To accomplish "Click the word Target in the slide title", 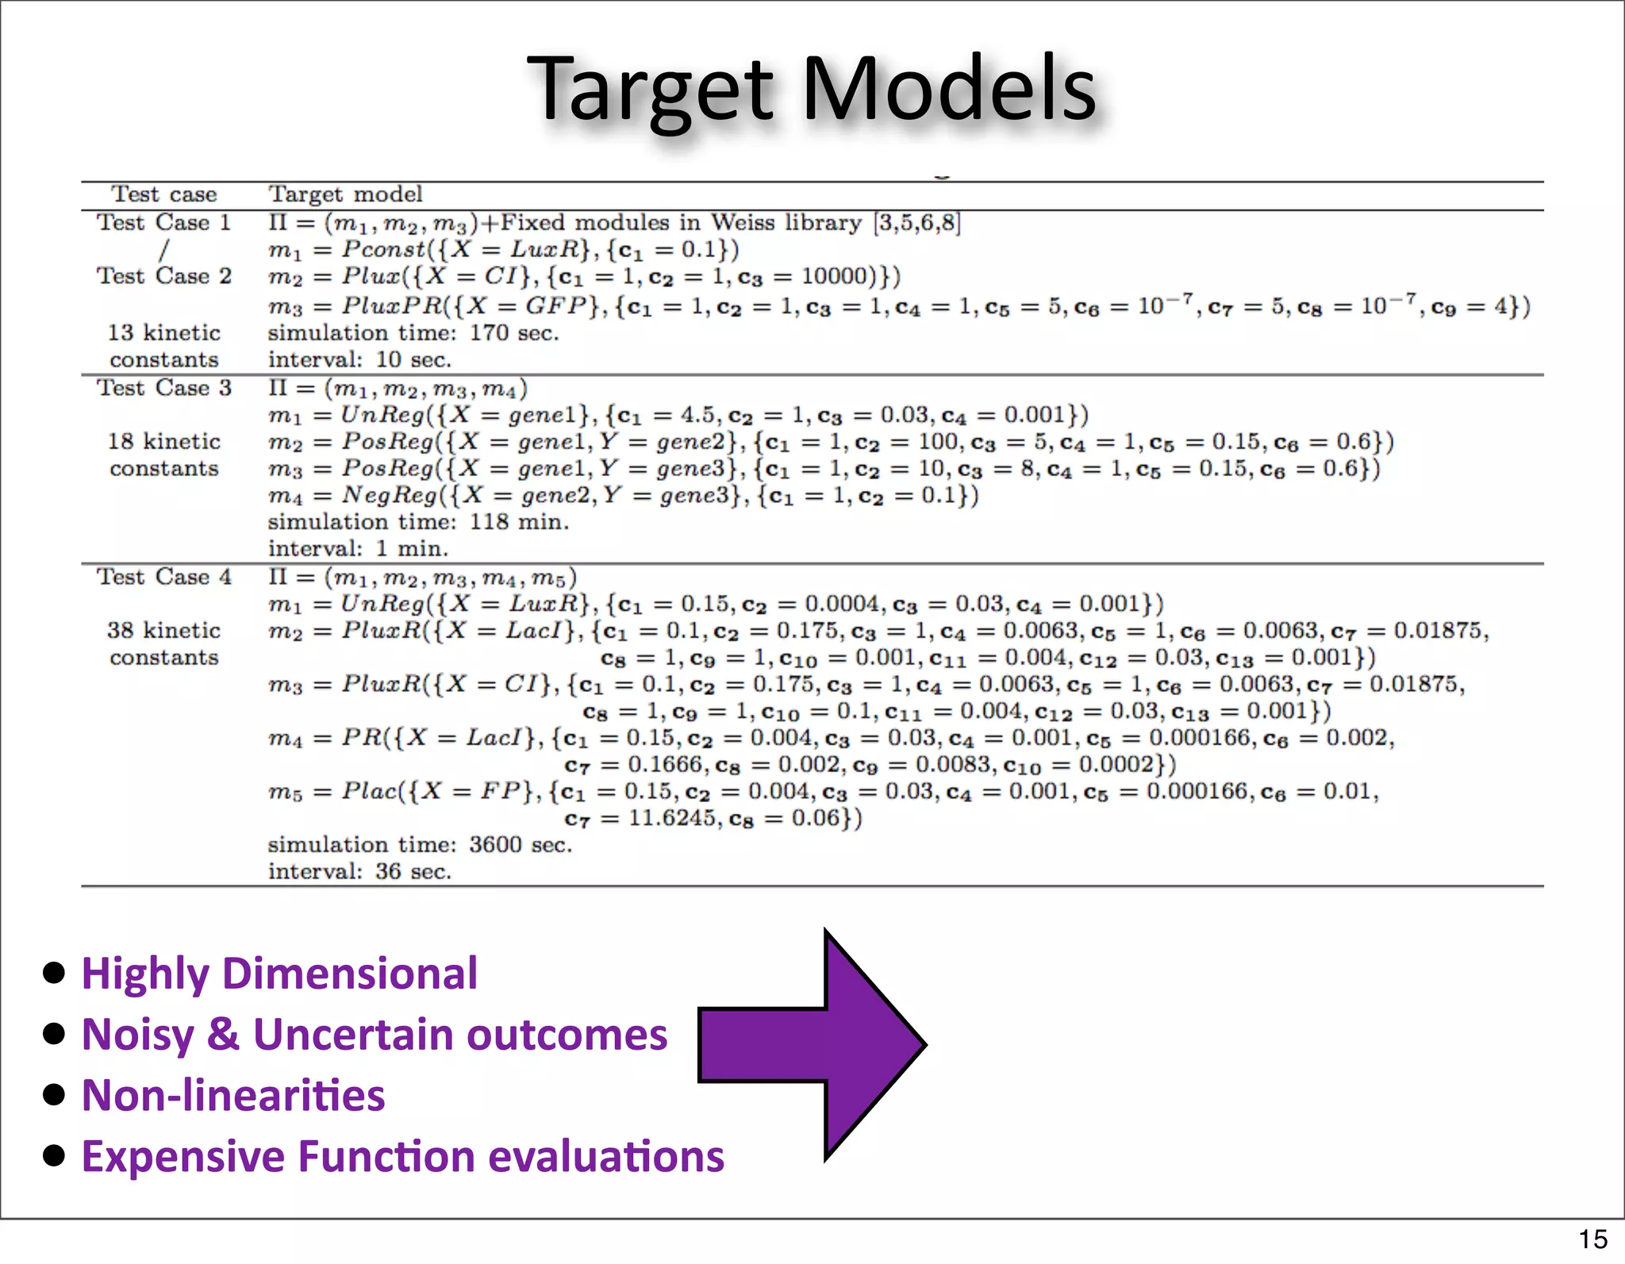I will pos(651,89).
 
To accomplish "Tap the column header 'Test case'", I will pos(164,194).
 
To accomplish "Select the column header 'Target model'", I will pos(345,194).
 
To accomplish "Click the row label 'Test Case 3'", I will pos(164,388).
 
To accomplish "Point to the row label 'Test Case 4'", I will pos(164,577).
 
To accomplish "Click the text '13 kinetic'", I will pos(164,332).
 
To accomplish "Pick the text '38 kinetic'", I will pos(164,631).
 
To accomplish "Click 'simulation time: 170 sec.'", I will pos(413,332).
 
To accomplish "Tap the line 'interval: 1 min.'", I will pos(358,548).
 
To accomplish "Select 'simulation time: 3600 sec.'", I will pos(420,844).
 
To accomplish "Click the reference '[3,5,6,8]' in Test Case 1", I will pos(916,223).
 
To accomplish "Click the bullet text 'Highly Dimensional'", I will pos(279,974).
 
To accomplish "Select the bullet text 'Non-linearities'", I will pos(233,1096).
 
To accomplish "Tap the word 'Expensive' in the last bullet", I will pos(183,1157).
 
